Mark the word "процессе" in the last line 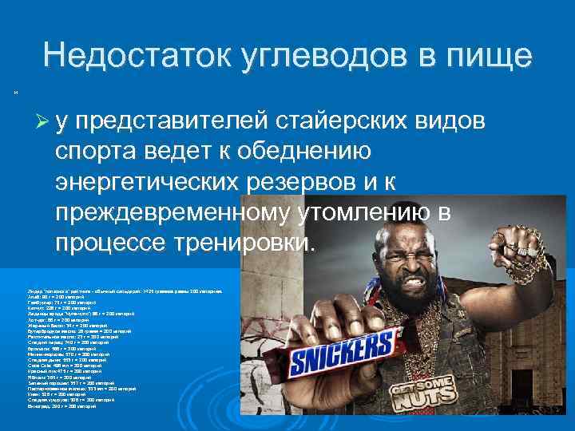107,243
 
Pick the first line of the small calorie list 127,293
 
